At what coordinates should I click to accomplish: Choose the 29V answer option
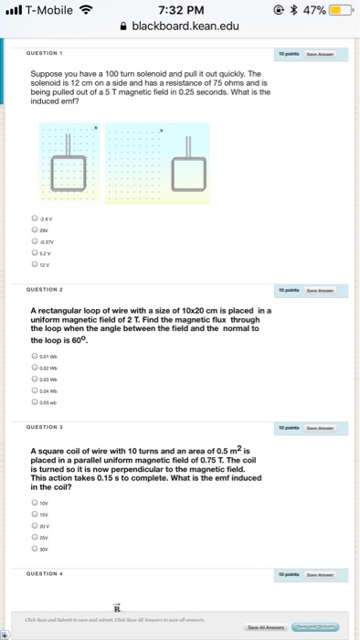click(x=34, y=230)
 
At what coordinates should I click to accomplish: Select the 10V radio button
click(x=34, y=502)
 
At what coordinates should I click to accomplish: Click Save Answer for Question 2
click(x=320, y=286)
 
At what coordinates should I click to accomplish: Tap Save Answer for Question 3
click(x=320, y=428)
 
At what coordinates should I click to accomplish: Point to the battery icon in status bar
click(x=340, y=9)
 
